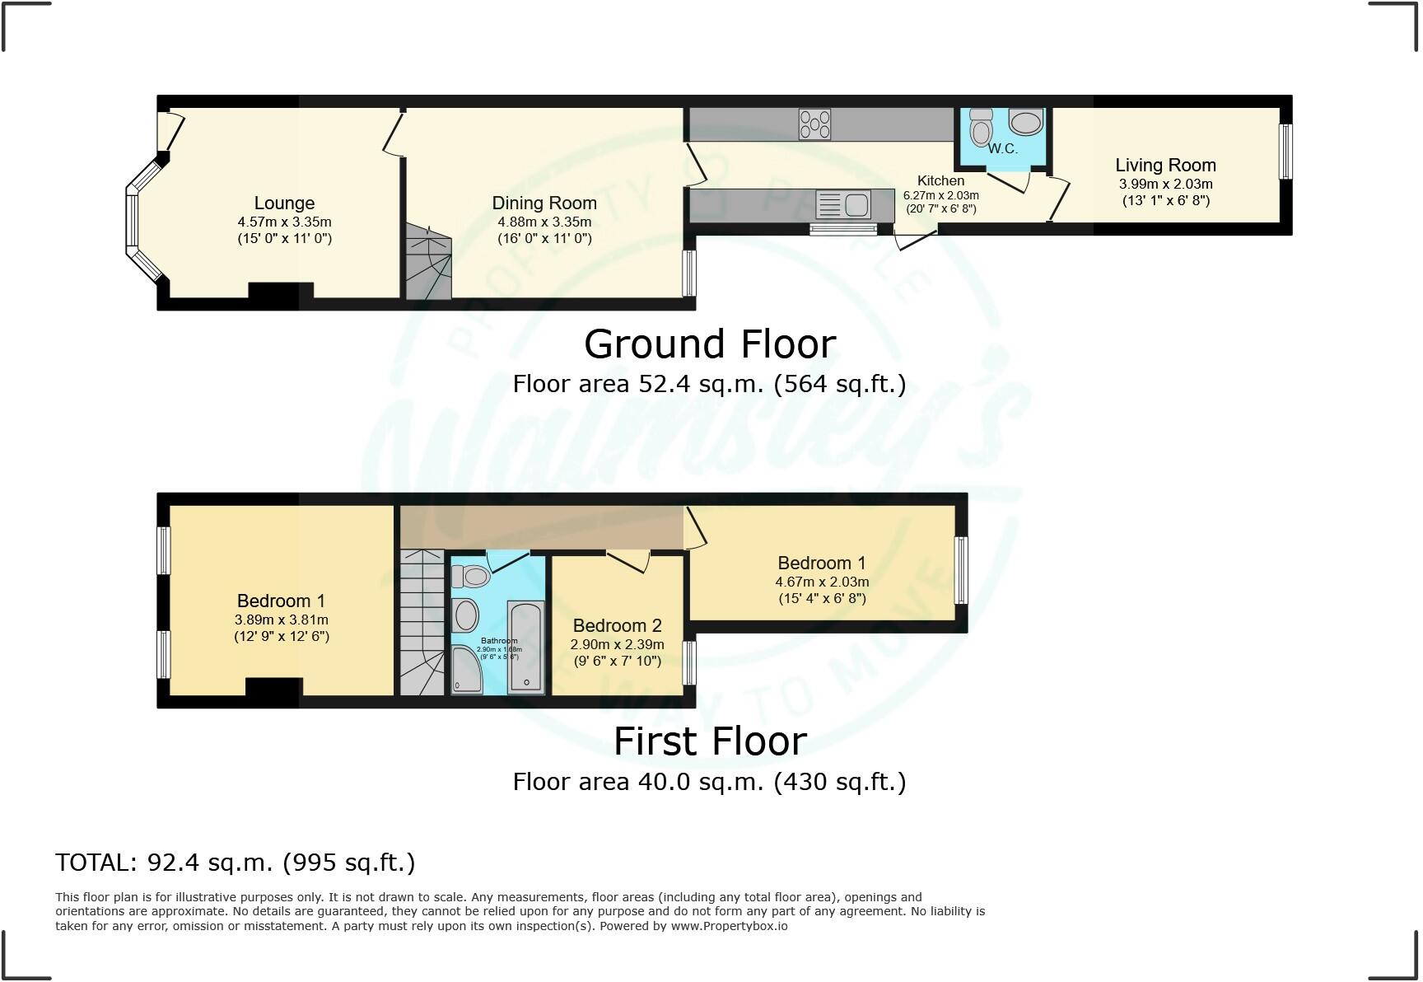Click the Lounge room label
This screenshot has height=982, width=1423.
point(284,203)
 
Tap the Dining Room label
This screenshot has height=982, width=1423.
point(544,203)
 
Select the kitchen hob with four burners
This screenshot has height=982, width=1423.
point(814,124)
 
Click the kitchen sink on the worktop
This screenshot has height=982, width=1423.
point(843,203)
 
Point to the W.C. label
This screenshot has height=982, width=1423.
point(1002,149)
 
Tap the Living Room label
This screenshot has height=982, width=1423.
point(1165,165)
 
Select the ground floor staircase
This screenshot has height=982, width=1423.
point(427,261)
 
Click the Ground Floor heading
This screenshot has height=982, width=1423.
point(710,344)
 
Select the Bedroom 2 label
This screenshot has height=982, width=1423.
point(617,625)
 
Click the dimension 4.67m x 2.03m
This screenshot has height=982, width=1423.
point(821,582)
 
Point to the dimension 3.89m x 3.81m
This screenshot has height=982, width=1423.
point(282,620)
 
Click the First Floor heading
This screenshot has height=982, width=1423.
point(710,741)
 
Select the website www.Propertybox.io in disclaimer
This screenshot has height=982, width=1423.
point(729,926)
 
